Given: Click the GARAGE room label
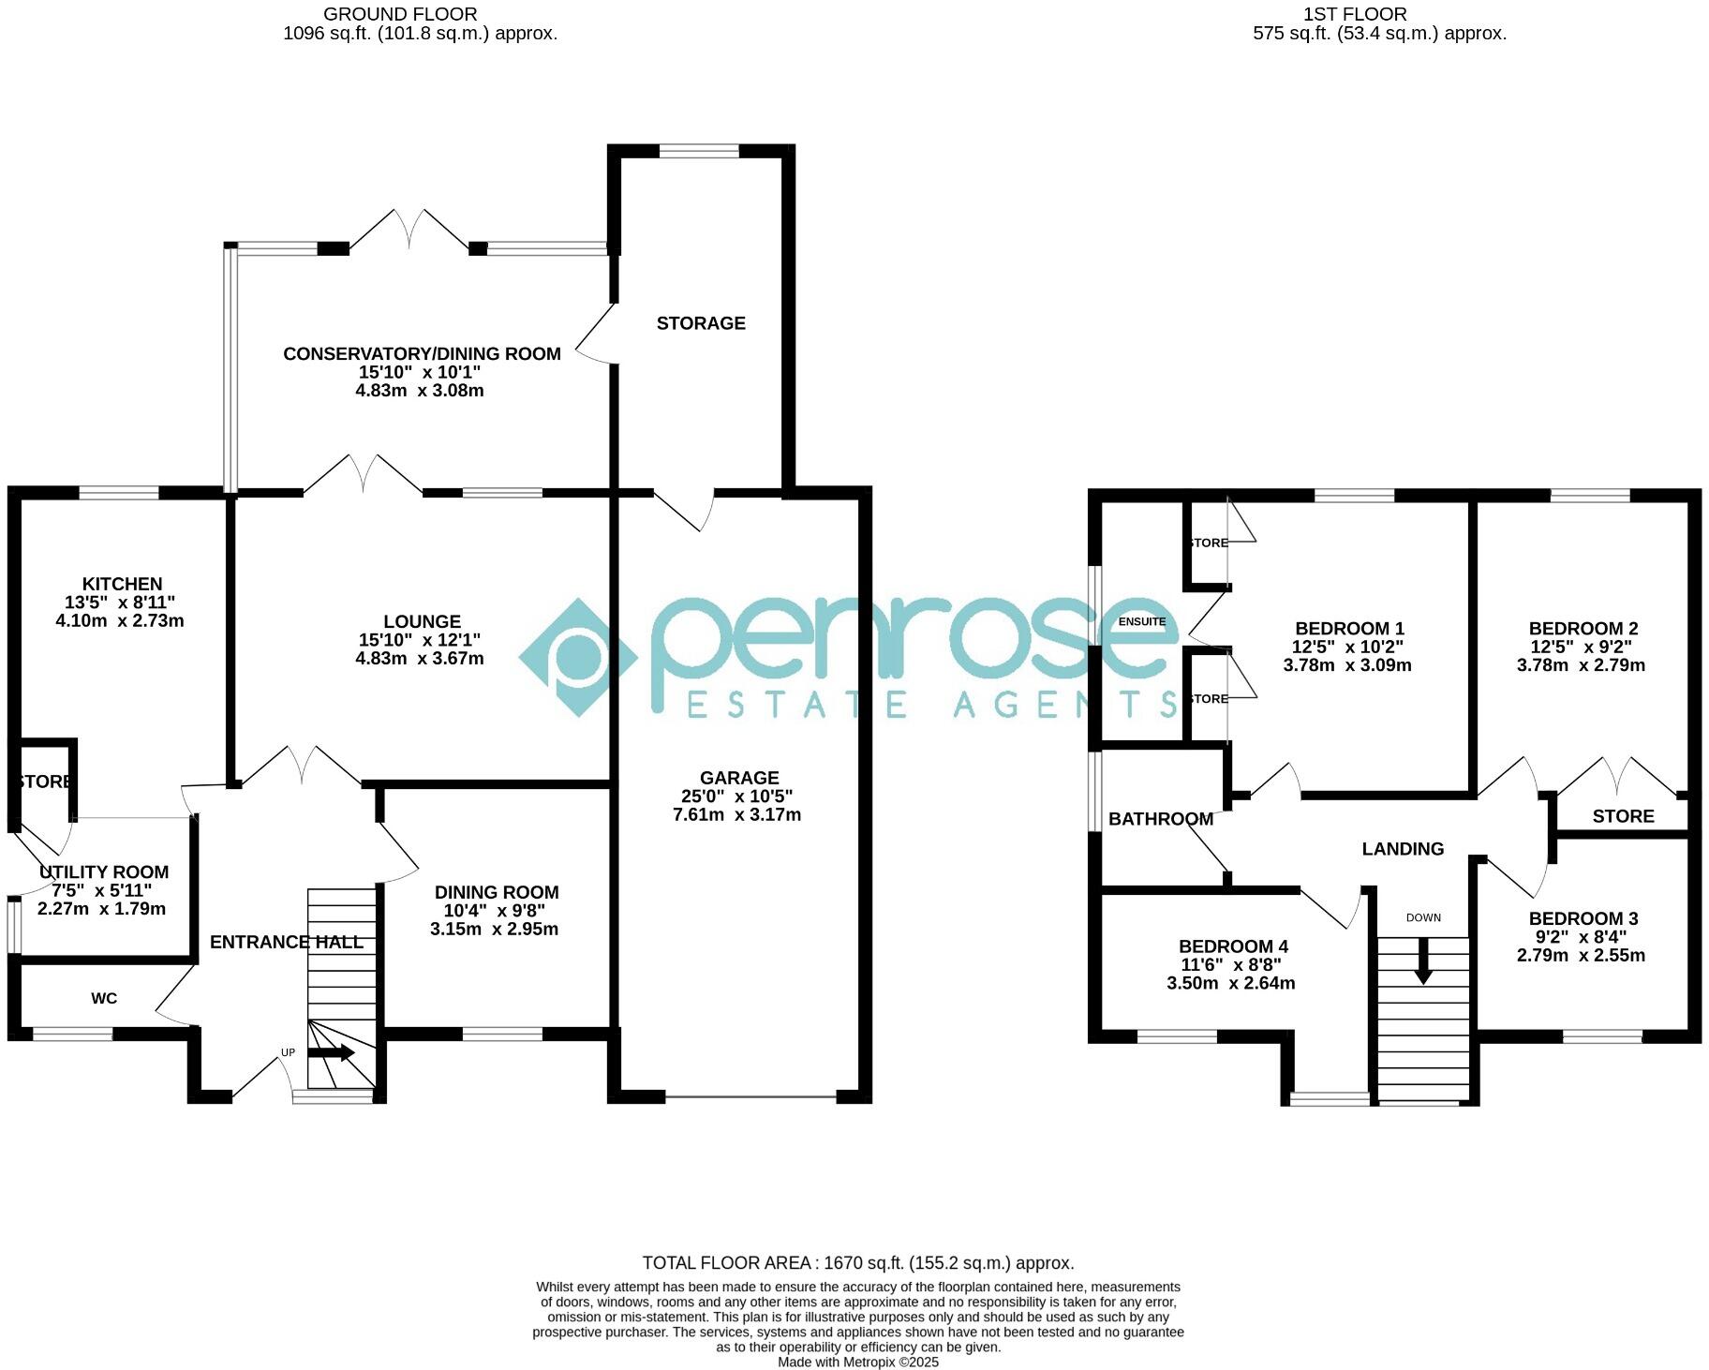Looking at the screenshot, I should coord(739,778).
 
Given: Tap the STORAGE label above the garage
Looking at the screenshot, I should coord(701,323).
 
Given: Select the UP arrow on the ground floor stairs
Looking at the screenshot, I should coord(331,1052).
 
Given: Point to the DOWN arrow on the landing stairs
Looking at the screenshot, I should coord(1422,962).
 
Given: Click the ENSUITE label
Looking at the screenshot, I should coord(1142,622).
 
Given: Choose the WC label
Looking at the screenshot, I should coord(104,999).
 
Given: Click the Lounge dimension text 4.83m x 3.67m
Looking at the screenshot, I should coord(420,659).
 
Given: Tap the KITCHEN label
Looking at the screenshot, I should coord(122,584).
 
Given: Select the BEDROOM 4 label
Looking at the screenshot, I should coord(1233,946).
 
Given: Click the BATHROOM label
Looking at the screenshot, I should coord(1160,819).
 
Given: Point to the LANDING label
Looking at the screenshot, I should coord(1402,849).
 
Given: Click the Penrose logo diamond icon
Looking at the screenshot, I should coord(579,658).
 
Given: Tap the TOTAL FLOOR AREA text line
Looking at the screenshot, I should coord(857,1263).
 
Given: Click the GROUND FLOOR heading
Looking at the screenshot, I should coord(400,14).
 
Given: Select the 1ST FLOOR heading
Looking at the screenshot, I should coord(1355,14).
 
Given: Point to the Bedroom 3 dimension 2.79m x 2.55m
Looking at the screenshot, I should coord(1581,956).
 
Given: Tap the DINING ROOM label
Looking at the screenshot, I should coord(497,893).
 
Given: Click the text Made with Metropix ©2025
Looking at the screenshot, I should coord(857,1363).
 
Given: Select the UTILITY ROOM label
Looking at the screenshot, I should coord(104,872).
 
